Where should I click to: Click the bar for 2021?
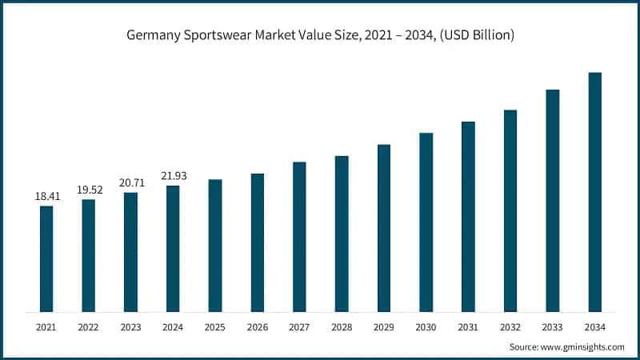click(x=46, y=258)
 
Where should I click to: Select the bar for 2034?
click(x=594, y=192)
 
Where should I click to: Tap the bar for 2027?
click(x=299, y=237)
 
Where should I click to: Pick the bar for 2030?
click(x=426, y=222)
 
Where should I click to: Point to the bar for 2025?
click(x=215, y=246)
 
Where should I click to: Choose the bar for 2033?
click(x=553, y=201)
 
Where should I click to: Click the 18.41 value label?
click(x=46, y=196)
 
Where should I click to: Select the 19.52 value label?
click(x=89, y=190)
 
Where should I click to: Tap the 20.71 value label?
click(x=130, y=183)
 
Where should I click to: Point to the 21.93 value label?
click(x=173, y=176)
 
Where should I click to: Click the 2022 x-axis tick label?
click(x=89, y=327)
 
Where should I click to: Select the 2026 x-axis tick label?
click(x=257, y=327)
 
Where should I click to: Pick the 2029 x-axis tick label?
click(x=383, y=327)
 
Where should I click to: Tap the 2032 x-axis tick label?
click(x=510, y=327)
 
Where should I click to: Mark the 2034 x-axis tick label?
click(x=594, y=327)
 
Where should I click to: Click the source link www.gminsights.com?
click(x=583, y=347)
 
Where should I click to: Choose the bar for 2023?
click(x=130, y=252)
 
